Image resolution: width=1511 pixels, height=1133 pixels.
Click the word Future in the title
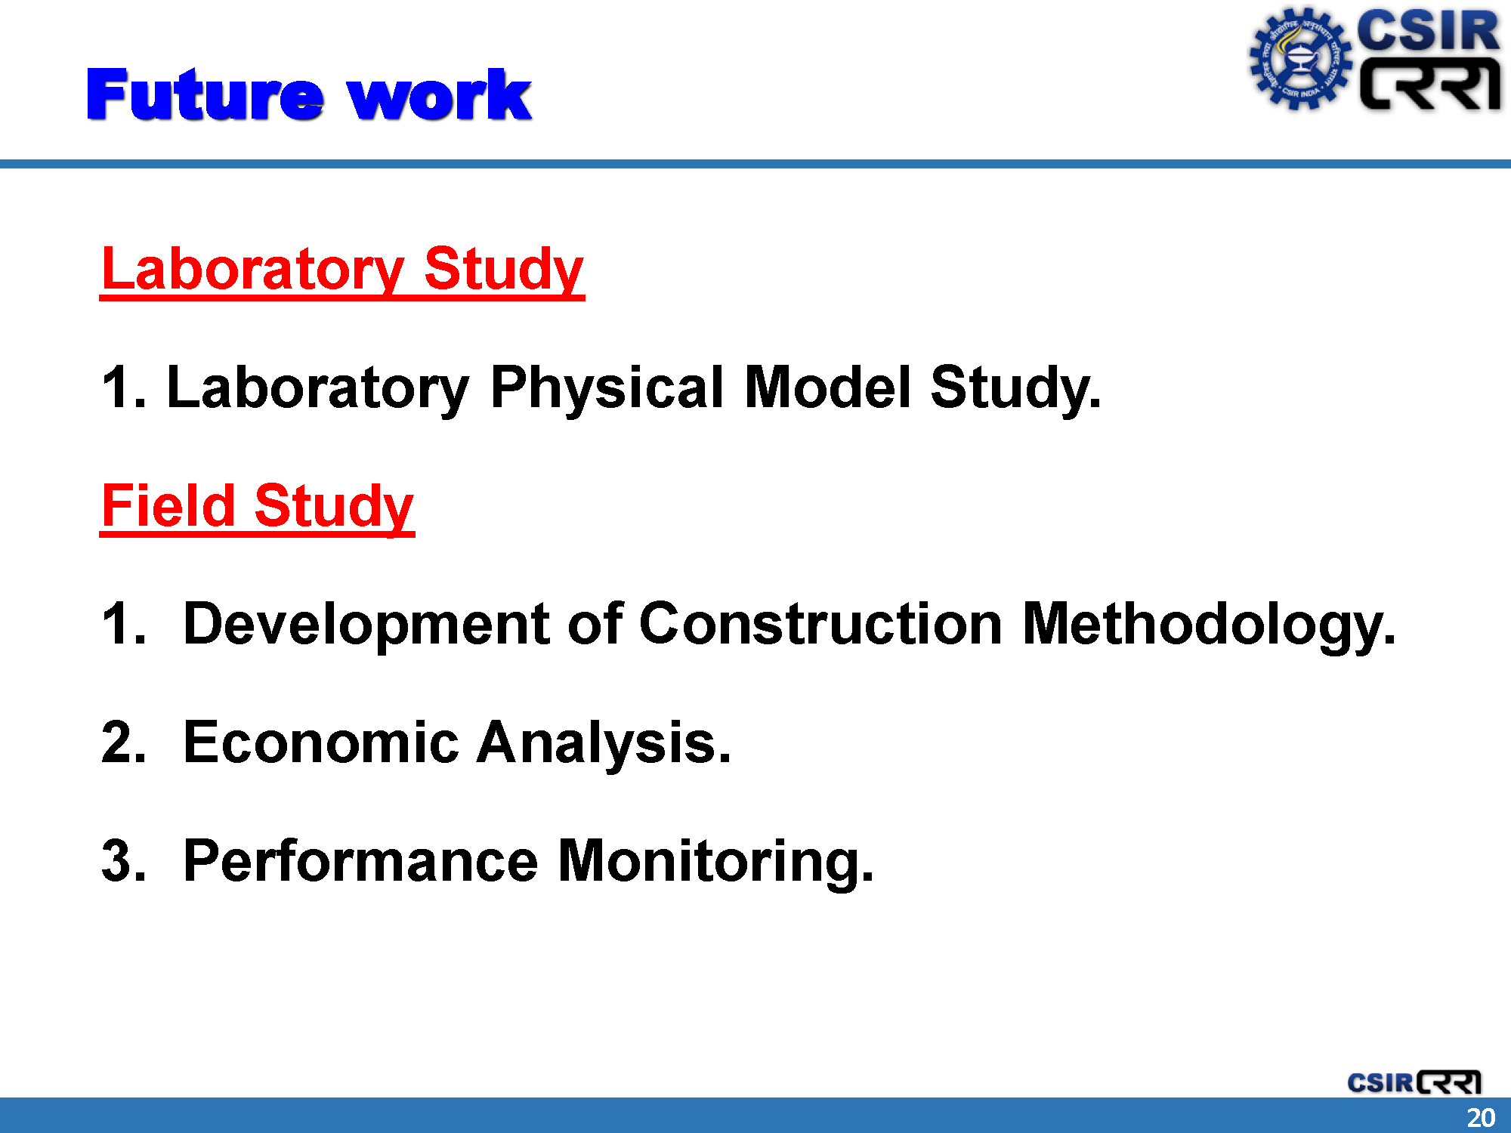click(x=205, y=94)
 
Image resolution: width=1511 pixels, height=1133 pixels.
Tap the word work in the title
click(x=440, y=94)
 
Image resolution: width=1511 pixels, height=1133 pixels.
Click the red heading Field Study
click(x=258, y=507)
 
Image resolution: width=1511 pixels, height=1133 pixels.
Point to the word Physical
click(x=607, y=387)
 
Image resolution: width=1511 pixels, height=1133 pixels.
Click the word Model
click(x=827, y=387)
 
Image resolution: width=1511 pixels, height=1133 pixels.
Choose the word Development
click(x=366, y=625)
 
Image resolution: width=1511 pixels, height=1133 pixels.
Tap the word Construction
click(x=820, y=624)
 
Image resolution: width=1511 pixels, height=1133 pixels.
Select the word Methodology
click(x=1209, y=625)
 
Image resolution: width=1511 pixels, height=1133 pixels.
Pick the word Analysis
click(x=604, y=743)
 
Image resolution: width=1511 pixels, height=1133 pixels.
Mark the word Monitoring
click(x=715, y=862)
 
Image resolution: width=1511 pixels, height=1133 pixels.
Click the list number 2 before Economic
click(x=123, y=742)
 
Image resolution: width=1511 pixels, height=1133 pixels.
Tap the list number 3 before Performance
click(x=123, y=861)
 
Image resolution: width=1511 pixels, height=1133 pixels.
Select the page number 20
click(x=1481, y=1117)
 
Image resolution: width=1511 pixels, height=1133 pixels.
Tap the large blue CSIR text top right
click(x=1428, y=31)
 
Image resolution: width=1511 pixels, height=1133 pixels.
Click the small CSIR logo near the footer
click(x=1414, y=1082)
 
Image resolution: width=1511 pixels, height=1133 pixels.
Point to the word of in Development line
click(x=595, y=624)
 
